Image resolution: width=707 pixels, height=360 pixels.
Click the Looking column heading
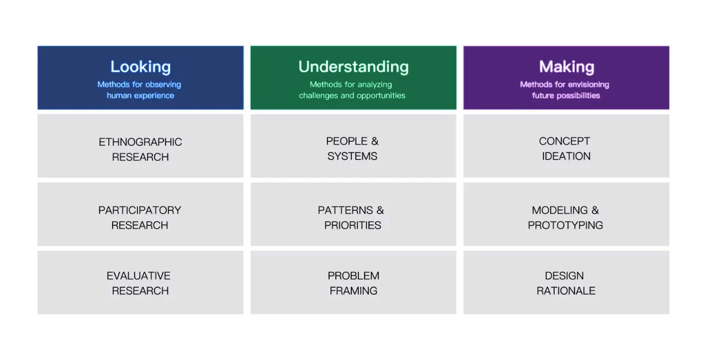(140, 67)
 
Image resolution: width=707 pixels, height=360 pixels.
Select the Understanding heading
(353, 67)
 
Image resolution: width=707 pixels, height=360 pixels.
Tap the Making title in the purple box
(567, 67)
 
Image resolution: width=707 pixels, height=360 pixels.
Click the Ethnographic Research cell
(140, 146)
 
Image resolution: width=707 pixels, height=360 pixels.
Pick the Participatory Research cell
(140, 214)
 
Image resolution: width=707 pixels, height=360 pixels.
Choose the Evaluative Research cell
(140, 282)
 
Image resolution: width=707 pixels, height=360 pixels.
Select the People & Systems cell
(353, 146)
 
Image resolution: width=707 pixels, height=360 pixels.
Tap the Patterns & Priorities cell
(353, 214)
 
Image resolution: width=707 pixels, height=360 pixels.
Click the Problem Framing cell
(353, 282)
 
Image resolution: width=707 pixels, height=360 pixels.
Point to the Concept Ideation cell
(566, 146)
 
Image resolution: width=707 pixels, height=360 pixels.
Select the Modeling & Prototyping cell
(566, 214)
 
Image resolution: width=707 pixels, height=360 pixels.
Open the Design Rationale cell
(566, 282)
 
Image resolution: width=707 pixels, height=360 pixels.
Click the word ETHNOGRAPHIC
(140, 142)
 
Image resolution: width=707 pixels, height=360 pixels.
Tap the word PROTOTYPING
(565, 225)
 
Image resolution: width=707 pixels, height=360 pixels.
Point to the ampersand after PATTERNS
(381, 210)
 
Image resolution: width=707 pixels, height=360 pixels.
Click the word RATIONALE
(566, 290)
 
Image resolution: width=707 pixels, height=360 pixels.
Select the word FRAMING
(353, 290)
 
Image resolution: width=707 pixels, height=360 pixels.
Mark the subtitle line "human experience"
(140, 96)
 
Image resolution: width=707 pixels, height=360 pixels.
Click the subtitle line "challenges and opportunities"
(352, 96)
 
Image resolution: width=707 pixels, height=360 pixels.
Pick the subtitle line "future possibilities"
(566, 96)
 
